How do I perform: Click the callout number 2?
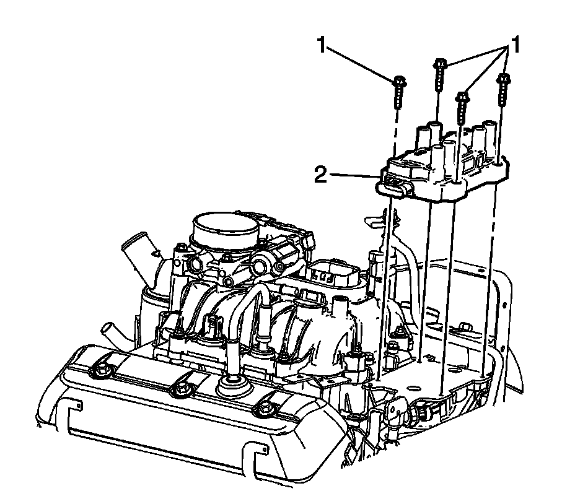(320, 175)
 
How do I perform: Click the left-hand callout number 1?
(322, 45)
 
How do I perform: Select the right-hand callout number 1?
(515, 45)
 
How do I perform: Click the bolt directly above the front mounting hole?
(462, 107)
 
